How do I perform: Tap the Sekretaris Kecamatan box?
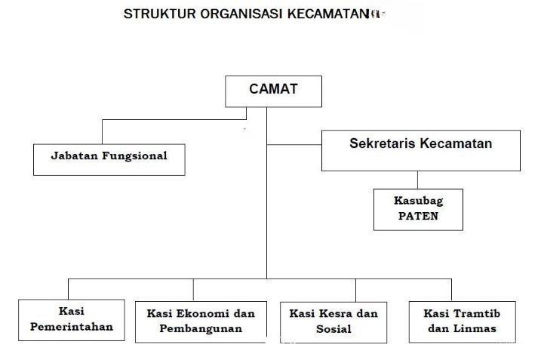[421, 149]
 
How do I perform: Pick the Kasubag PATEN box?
[417, 209]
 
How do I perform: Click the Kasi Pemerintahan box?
[72, 319]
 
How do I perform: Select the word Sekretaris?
[384, 143]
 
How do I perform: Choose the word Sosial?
[334, 328]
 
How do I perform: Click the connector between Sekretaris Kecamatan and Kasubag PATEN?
[417, 180]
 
